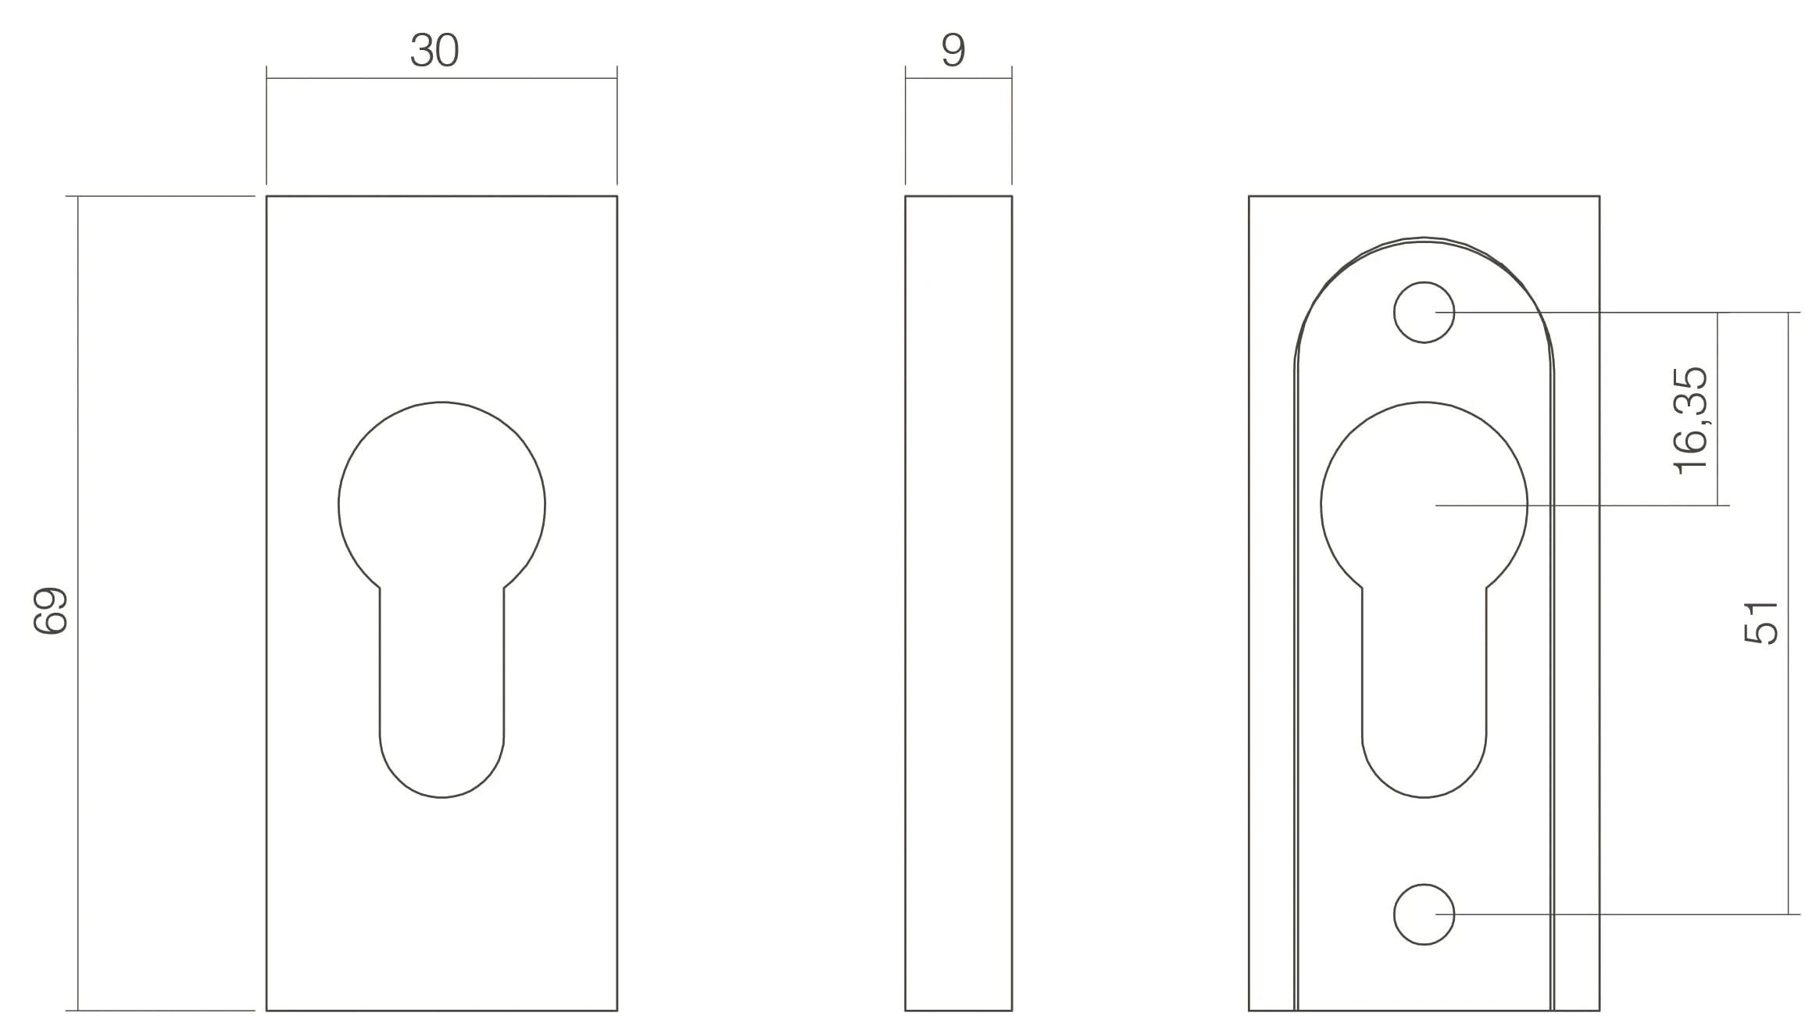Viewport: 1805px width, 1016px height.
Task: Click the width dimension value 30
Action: point(434,51)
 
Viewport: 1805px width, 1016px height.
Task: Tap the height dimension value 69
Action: point(52,610)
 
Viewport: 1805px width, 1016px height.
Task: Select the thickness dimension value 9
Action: point(953,51)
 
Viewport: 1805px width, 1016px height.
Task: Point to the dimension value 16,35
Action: point(1692,420)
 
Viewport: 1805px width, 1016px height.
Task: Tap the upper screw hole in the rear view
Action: point(1424,312)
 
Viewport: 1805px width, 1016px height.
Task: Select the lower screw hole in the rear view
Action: point(1424,914)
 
